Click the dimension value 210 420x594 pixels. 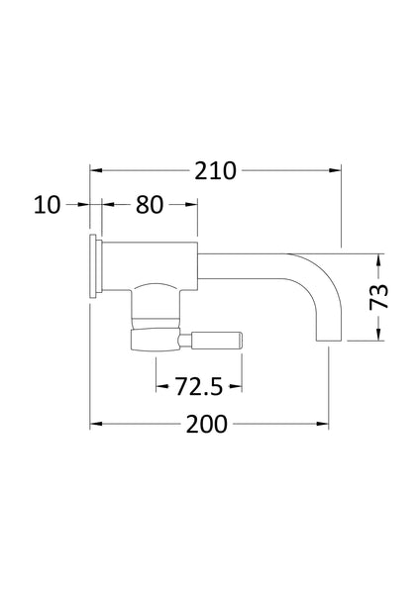(x=216, y=170)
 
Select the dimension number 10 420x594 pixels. (x=47, y=205)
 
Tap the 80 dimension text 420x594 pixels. (x=149, y=205)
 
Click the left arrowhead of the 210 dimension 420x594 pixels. (x=97, y=170)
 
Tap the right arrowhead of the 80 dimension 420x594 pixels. (x=190, y=205)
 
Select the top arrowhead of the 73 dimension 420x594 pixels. (x=375, y=259)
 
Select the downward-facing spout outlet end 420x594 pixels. (x=329, y=340)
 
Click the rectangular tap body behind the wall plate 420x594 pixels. (x=149, y=265)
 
